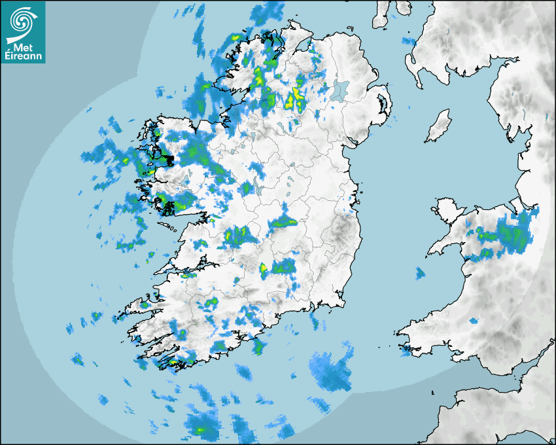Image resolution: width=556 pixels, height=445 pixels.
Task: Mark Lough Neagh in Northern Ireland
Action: tap(340, 90)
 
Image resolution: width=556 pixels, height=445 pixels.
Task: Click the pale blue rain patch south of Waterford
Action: tap(332, 372)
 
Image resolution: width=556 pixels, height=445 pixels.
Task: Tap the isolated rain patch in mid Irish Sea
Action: tap(420, 273)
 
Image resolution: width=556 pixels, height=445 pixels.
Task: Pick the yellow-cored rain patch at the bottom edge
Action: tap(200, 426)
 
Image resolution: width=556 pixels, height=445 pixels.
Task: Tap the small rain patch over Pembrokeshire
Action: tap(407, 350)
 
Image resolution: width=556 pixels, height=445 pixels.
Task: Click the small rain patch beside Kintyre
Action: tap(409, 41)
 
